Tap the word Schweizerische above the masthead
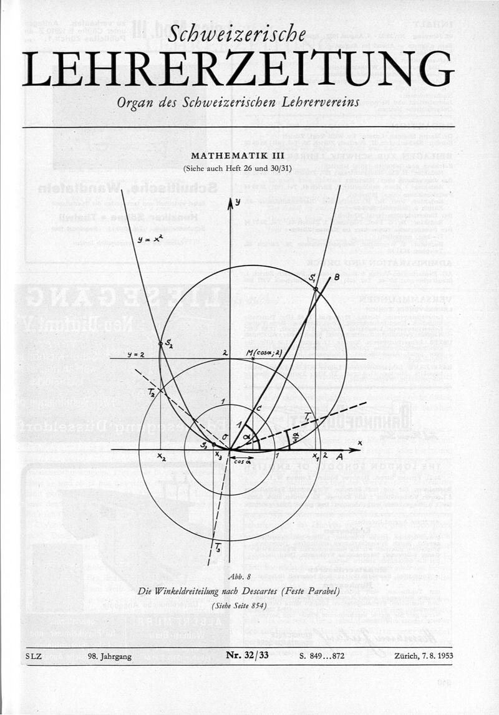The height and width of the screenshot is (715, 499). point(237,34)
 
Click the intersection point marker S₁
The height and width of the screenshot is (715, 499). point(315,289)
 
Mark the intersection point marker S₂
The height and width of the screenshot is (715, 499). point(160,343)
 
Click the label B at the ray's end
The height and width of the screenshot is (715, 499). point(336,276)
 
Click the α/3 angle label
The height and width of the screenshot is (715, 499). point(294,434)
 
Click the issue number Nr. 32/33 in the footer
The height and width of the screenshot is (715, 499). point(247,655)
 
